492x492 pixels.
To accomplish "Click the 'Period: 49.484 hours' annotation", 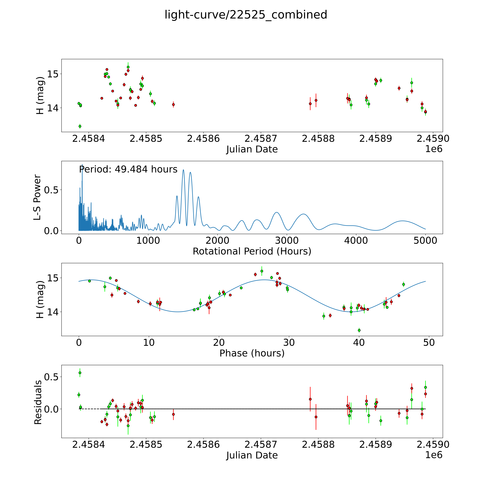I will pyautogui.click(x=128, y=169).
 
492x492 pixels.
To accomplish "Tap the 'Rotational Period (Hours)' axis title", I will pyautogui.click(x=252, y=251).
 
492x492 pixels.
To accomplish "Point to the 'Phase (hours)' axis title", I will pyautogui.click(x=252, y=353).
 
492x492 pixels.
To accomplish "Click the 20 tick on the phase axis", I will pyautogui.click(x=219, y=342).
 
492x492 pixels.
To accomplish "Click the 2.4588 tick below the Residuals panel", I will pyautogui.click(x=318, y=444).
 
